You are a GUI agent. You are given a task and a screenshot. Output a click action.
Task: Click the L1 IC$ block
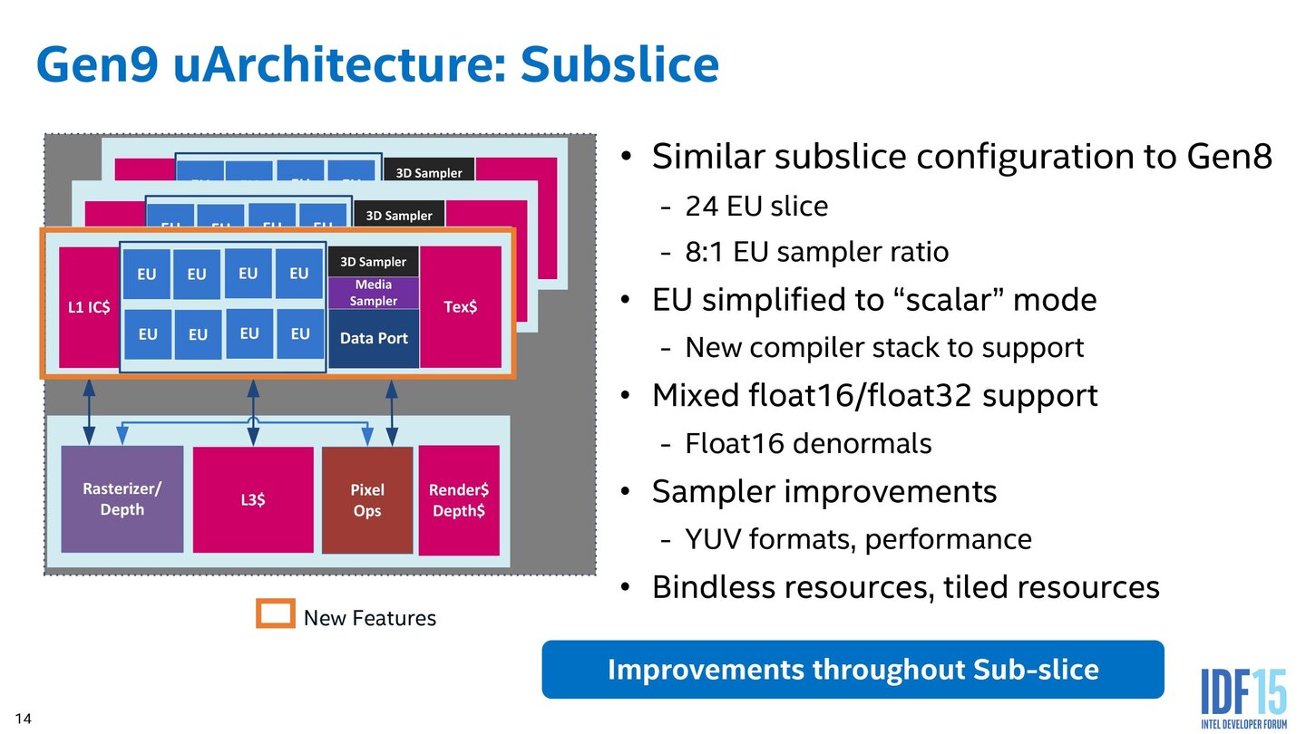tap(89, 307)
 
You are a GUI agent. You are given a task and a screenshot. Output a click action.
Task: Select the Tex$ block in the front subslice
tap(461, 307)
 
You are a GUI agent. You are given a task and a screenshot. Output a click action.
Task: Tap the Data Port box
tap(374, 338)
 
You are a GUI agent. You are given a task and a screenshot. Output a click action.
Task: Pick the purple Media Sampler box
tap(374, 292)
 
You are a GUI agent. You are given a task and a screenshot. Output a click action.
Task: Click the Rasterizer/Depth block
tap(122, 499)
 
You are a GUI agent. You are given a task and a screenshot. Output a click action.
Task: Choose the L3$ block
tap(253, 499)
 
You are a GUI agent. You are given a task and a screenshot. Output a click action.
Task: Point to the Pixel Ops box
tap(367, 500)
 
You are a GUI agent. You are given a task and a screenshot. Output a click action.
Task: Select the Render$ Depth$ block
tap(458, 500)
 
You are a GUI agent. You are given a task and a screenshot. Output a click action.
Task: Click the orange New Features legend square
tap(276, 614)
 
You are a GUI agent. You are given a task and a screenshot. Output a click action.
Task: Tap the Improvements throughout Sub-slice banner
tap(853, 670)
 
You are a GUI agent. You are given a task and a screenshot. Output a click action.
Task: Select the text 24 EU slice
tap(756, 207)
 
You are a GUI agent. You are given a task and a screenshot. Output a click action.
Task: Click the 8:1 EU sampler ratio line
tap(816, 251)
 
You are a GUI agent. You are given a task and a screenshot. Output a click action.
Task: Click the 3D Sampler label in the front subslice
tap(374, 262)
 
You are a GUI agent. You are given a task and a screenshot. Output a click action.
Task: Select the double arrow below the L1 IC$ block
tap(89, 411)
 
